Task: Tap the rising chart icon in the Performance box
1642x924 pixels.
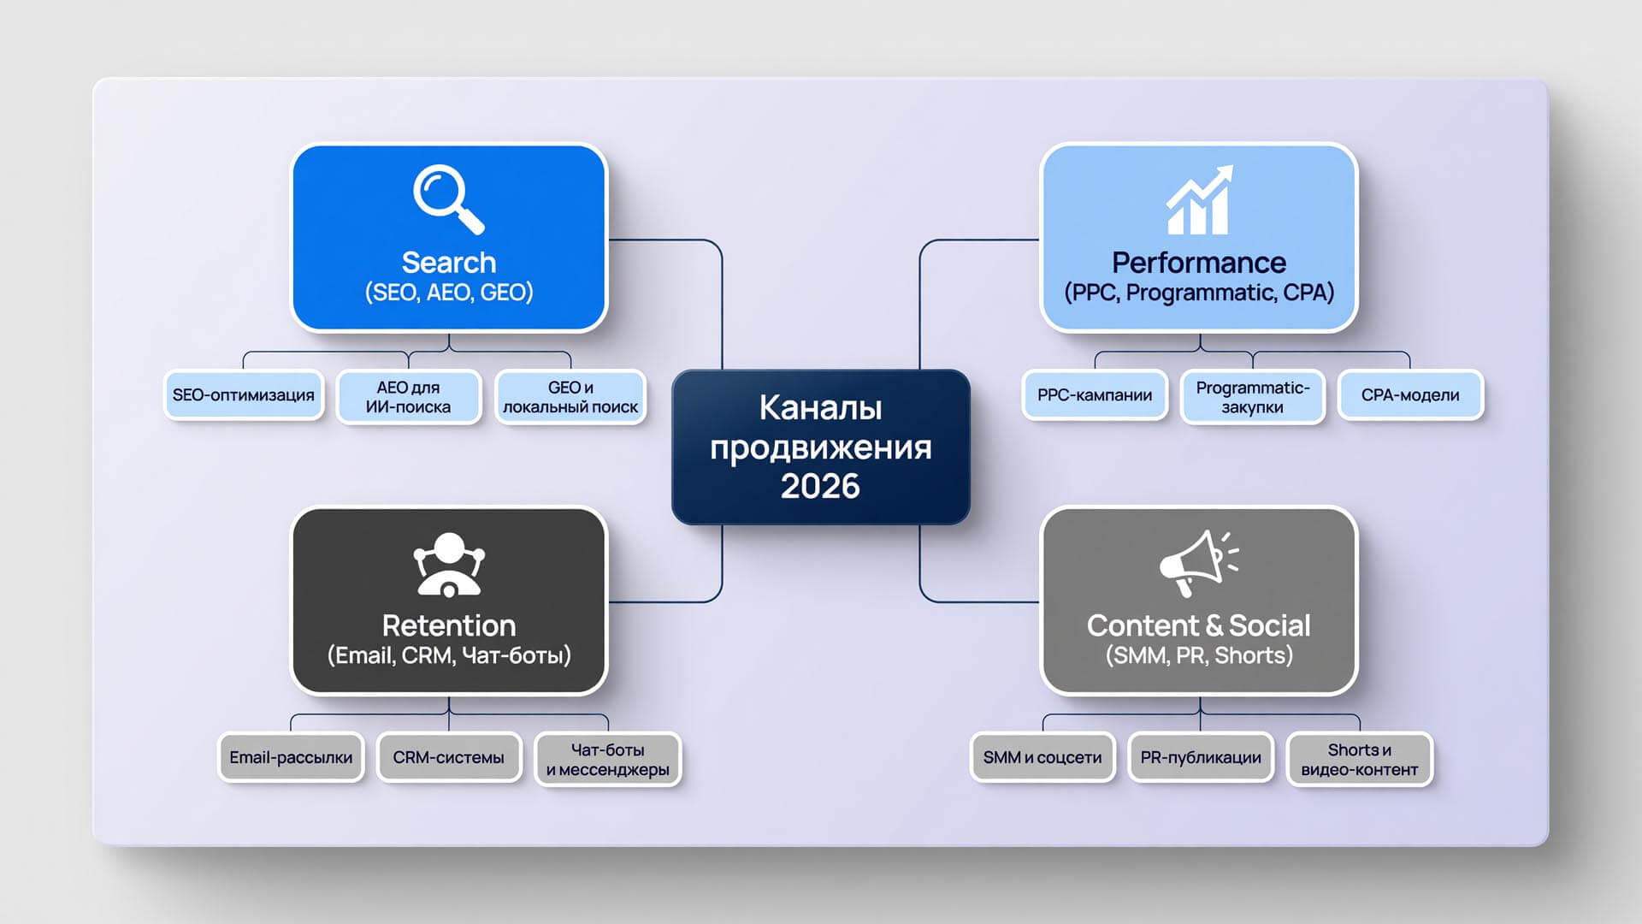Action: coord(1199,199)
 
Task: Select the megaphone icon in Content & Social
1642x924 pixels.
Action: coord(1198,563)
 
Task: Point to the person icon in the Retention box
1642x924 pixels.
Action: coord(449,564)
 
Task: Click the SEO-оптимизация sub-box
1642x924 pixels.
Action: coord(244,395)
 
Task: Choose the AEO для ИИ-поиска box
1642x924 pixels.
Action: coord(408,397)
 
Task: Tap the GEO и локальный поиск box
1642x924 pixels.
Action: coord(570,397)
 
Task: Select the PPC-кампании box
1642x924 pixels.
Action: coord(1095,395)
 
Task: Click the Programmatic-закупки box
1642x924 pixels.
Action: coord(1253,397)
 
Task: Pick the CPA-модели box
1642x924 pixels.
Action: coord(1410,395)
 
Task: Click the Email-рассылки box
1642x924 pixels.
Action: coord(291,757)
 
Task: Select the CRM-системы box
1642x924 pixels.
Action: coord(449,757)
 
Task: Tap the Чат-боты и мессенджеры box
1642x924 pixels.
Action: coord(608,760)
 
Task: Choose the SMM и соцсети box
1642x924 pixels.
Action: coord(1042,757)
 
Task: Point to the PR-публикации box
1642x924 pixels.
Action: coord(1201,757)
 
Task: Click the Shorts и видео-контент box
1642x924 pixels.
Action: coord(1360,760)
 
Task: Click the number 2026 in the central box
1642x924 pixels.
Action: coord(820,486)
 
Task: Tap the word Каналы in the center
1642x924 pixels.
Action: coord(820,408)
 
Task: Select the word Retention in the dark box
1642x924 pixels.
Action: coord(449,625)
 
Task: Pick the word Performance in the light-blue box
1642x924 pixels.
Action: coord(1199,262)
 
